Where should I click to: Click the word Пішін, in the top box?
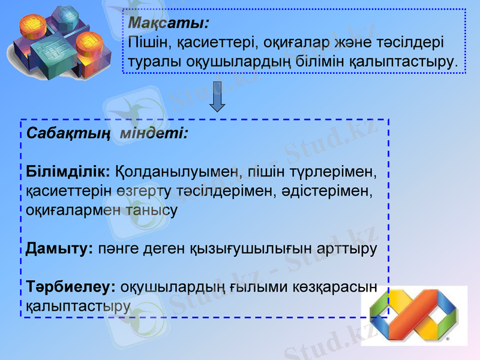tap(149, 43)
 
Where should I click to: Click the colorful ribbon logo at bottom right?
tap(414, 315)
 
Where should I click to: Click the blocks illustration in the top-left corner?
tap(60, 42)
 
